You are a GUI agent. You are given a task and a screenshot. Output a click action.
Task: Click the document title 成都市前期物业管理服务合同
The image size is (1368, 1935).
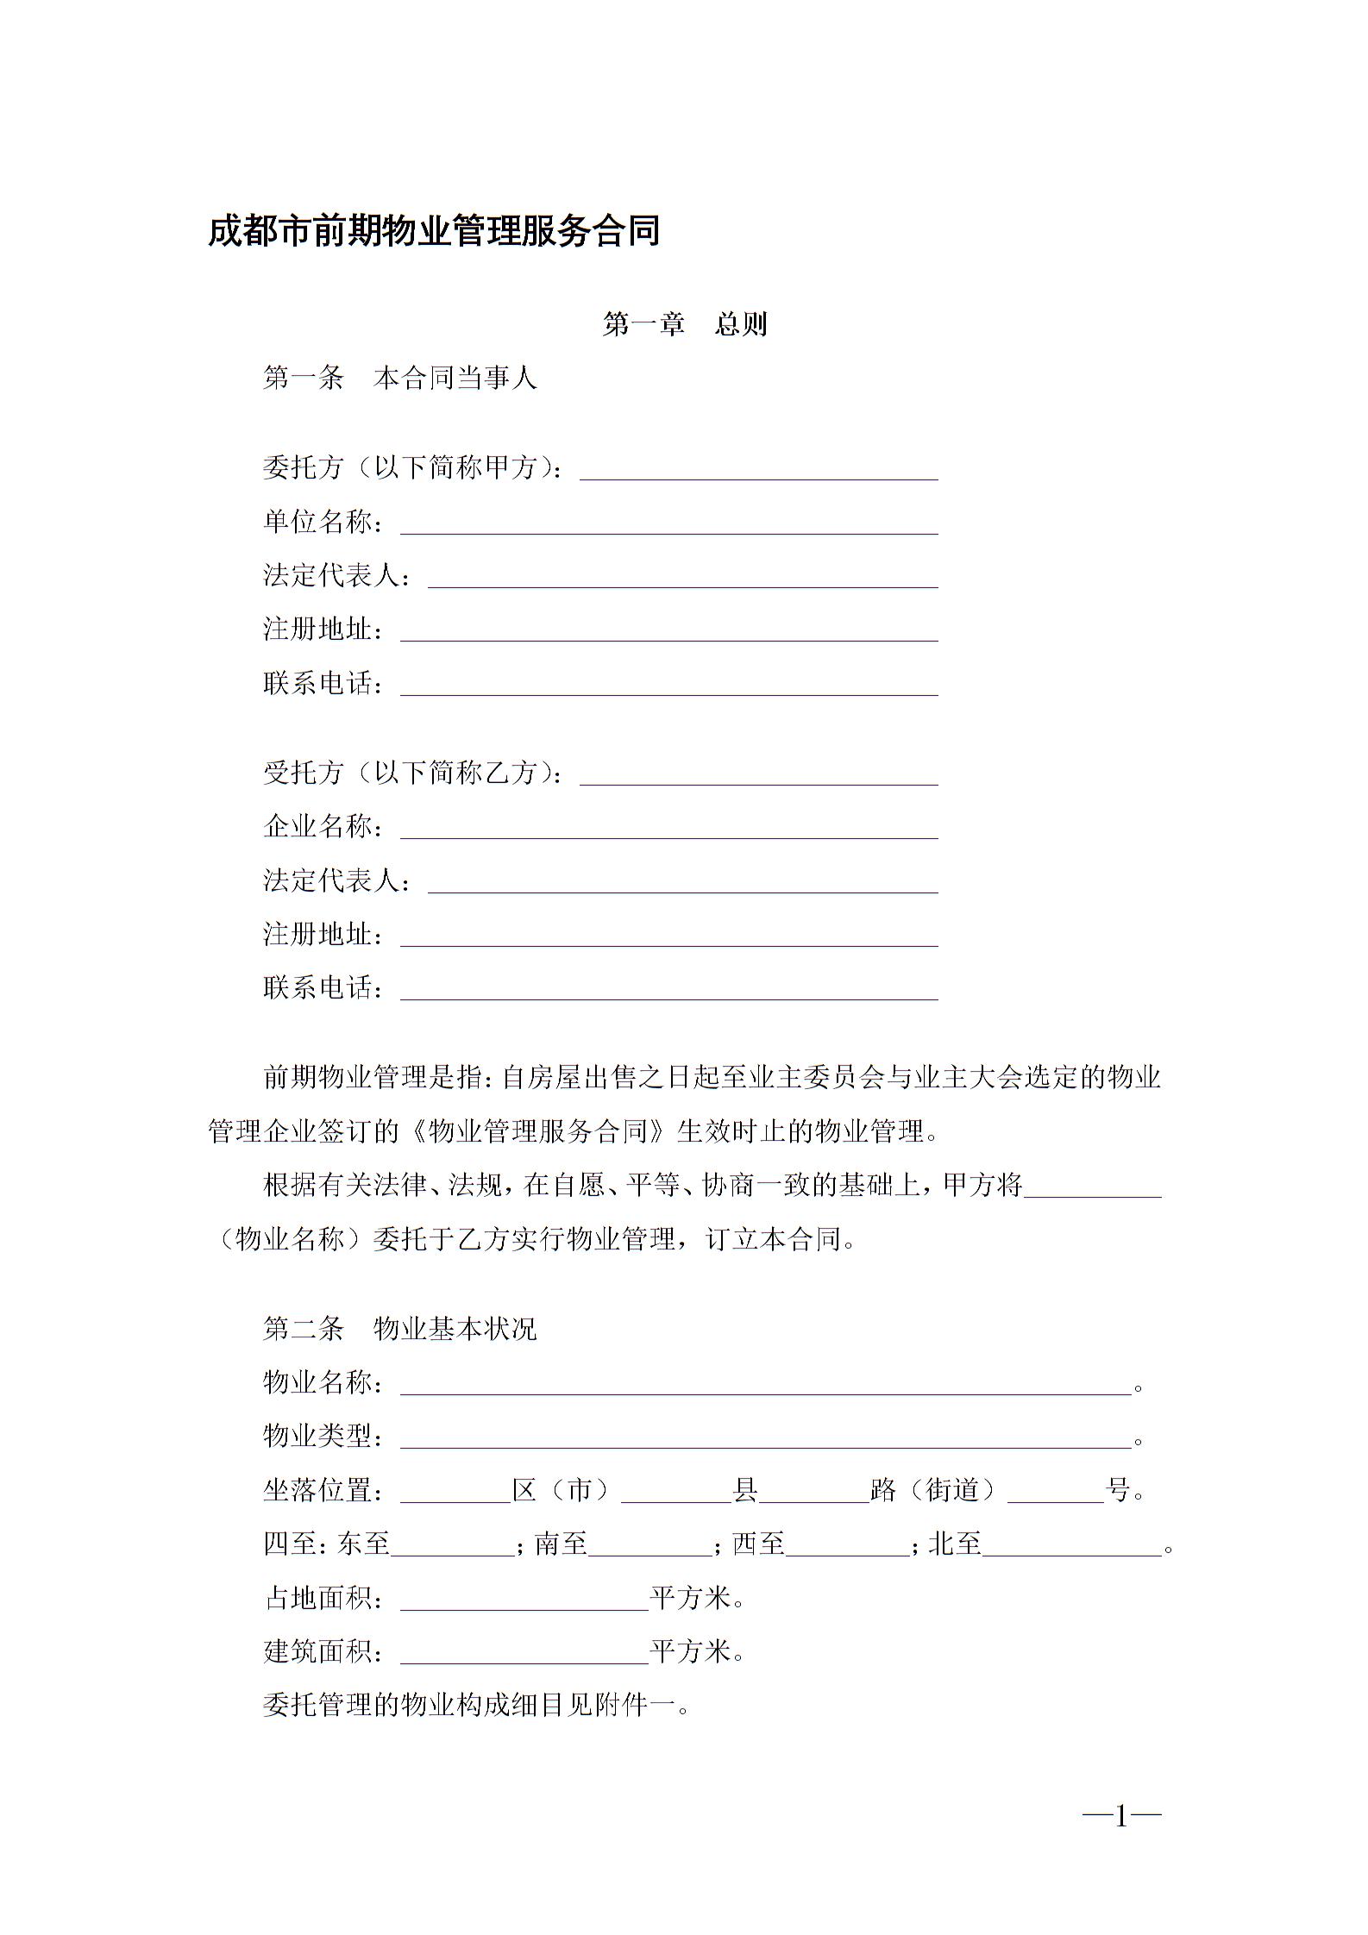(434, 231)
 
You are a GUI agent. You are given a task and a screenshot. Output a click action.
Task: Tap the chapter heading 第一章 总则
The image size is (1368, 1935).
(684, 324)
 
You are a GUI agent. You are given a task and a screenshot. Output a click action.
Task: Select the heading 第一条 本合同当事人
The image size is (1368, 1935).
(399, 378)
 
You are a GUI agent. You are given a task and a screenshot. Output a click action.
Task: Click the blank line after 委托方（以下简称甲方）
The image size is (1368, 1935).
(758, 471)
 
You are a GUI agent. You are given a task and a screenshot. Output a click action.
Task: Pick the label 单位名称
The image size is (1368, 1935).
(319, 522)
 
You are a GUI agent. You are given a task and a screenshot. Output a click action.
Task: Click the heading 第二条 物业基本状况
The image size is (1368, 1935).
(399, 1329)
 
